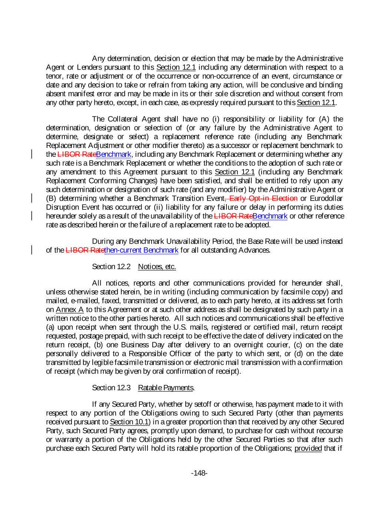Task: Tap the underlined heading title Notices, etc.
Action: point(157,267)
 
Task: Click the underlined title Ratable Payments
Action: point(166,388)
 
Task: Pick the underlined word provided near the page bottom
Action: point(308,449)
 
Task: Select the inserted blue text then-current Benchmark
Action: point(142,250)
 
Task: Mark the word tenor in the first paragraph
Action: point(54,76)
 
